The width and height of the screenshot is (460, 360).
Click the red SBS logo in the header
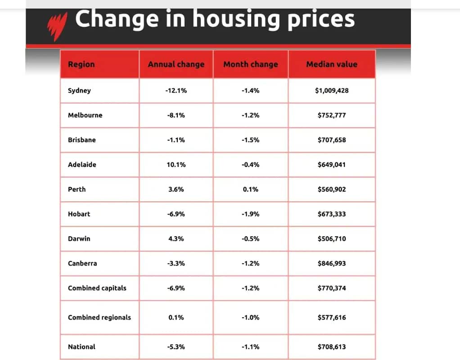[57, 26]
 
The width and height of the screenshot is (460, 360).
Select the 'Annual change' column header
[176, 64]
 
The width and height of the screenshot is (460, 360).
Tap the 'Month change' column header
[251, 64]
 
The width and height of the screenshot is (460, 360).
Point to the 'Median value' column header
[332, 64]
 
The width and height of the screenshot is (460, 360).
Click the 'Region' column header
[81, 64]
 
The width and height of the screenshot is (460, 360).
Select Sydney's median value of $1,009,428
[332, 90]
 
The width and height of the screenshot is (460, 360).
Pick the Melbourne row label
[85, 115]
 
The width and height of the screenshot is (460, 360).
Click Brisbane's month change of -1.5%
[251, 140]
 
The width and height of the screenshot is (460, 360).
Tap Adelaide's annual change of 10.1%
[176, 165]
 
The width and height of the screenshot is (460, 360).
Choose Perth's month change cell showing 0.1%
[251, 189]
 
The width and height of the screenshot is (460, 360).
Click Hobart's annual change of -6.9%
[176, 214]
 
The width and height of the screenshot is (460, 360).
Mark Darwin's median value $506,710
[332, 239]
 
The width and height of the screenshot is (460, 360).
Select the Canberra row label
[82, 263]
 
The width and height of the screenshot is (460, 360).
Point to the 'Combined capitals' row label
[97, 288]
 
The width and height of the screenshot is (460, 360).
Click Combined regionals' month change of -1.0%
[251, 317]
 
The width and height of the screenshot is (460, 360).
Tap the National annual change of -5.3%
[176, 347]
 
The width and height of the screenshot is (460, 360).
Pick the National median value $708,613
[332, 347]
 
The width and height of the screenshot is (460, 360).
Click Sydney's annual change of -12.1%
[176, 90]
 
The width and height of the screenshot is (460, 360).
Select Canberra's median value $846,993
[332, 263]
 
